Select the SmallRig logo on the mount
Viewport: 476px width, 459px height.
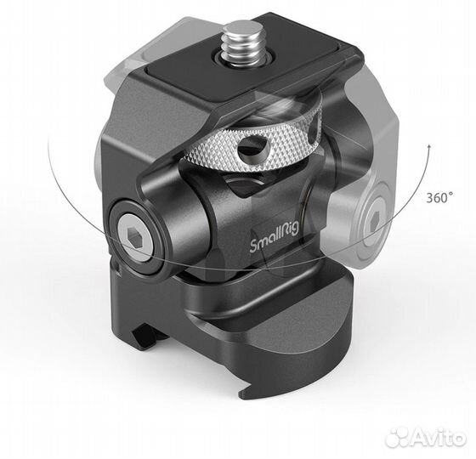[x=273, y=246]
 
